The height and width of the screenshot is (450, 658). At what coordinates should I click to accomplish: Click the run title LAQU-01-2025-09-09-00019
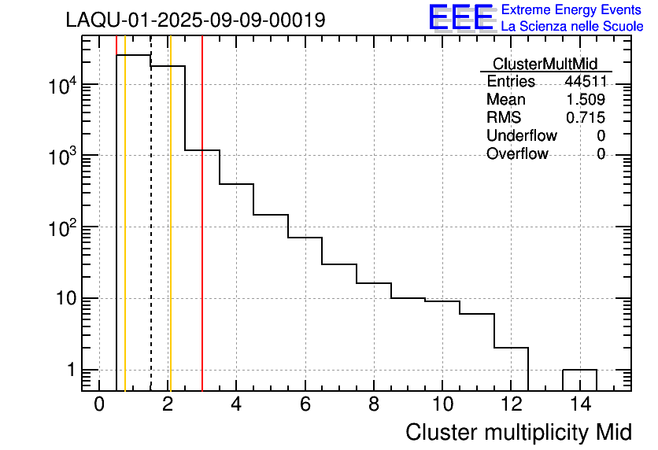(x=195, y=20)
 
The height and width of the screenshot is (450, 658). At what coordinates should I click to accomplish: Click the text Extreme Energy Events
(x=572, y=10)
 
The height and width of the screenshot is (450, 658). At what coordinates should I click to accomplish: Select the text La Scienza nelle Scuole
(x=572, y=27)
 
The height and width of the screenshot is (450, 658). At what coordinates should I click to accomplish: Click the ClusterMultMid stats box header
(x=545, y=64)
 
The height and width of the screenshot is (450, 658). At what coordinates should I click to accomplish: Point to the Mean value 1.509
(x=586, y=99)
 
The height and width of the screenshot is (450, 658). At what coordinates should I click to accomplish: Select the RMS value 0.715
(x=586, y=117)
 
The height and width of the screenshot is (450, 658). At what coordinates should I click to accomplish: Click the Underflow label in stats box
(x=521, y=135)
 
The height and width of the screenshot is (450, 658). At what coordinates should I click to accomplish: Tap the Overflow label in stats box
(x=517, y=153)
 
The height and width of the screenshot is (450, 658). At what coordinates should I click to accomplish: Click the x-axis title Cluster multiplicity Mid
(x=518, y=432)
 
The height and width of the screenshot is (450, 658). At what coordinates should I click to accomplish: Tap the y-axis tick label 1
(x=69, y=370)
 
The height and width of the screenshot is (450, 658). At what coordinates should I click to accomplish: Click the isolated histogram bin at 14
(x=579, y=370)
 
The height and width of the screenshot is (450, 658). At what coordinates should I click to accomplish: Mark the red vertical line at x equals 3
(x=202, y=236)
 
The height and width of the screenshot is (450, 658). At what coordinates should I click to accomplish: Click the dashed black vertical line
(x=151, y=236)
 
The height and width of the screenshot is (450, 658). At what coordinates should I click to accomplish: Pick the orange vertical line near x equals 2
(x=170, y=236)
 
